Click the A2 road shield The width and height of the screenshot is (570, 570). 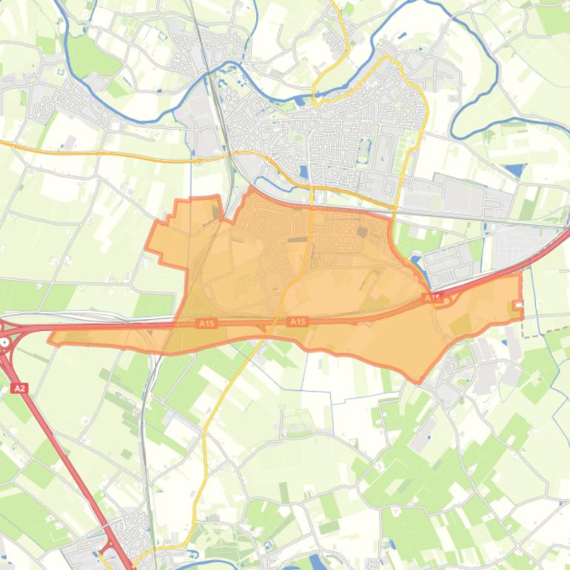click(x=19, y=388)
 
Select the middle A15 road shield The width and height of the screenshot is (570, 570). click(x=297, y=321)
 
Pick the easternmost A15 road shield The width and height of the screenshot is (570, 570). click(x=432, y=298)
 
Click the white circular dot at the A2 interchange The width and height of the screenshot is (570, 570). click(x=5, y=342)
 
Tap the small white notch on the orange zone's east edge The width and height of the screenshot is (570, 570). click(x=517, y=305)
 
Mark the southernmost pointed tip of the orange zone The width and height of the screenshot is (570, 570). click(x=419, y=382)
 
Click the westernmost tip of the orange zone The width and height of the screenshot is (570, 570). click(x=50, y=341)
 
